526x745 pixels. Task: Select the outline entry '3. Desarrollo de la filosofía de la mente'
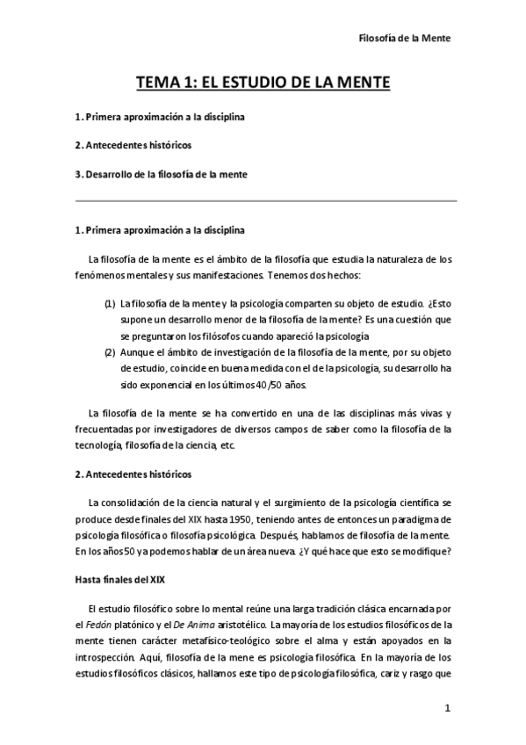(161, 174)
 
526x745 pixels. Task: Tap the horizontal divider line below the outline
(263, 201)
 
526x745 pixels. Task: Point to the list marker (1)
(110, 304)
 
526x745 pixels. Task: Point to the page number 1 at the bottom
(447, 708)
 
